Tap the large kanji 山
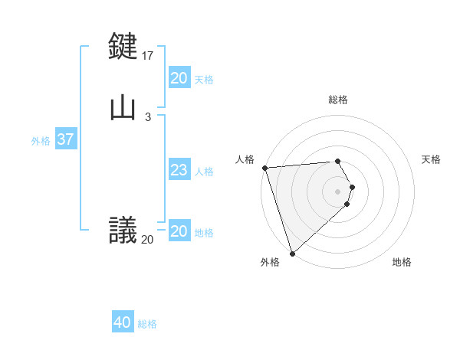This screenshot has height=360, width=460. [x=123, y=107]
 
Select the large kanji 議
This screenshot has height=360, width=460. [x=123, y=229]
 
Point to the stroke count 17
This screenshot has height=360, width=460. [x=148, y=56]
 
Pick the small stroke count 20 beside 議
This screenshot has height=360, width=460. [x=147, y=240]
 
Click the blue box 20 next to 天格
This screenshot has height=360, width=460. [x=179, y=78]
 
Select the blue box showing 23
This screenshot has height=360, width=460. [x=179, y=170]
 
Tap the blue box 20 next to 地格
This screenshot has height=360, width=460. [x=179, y=231]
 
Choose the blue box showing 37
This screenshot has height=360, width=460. [x=65, y=139]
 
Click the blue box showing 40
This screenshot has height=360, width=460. [x=122, y=322]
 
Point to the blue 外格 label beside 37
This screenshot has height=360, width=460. [x=41, y=140]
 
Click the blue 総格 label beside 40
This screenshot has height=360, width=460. [x=147, y=324]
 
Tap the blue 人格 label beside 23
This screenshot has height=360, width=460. [x=205, y=172]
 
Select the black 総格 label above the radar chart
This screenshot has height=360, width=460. [x=338, y=100]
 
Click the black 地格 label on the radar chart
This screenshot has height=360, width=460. [x=402, y=262]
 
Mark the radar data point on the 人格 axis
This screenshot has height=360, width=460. [x=264, y=168]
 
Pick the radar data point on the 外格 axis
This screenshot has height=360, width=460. [x=292, y=254]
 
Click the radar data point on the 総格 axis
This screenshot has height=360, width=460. [x=337, y=162]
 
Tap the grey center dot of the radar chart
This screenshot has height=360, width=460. [x=338, y=191]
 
